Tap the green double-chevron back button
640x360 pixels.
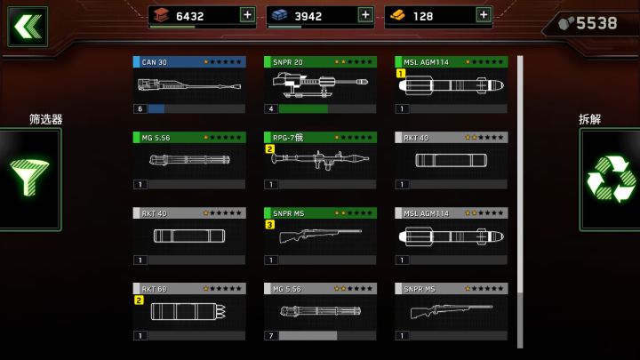pos(28,27)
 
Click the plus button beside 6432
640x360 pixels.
pos(247,15)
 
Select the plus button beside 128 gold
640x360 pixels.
pos(484,15)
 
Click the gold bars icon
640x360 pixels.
pos(397,16)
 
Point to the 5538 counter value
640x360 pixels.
pos(596,23)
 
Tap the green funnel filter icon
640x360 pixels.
pos(29,177)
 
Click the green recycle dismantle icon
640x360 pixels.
pos(611,179)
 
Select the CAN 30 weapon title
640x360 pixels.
pos(155,62)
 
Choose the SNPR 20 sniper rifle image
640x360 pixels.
pos(320,84)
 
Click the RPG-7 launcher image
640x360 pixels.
pos(320,159)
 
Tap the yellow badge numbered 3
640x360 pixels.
pos(270,225)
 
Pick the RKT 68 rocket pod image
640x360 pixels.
pos(188,311)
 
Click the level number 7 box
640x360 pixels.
pos(271,335)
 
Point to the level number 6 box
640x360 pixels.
pos(140,108)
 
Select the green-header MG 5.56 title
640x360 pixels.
pos(156,138)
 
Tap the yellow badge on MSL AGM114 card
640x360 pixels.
pos(401,74)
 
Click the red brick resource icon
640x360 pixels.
pos(161,15)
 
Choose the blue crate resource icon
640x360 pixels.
pos(280,15)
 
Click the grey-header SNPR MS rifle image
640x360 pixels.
pos(452,311)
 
